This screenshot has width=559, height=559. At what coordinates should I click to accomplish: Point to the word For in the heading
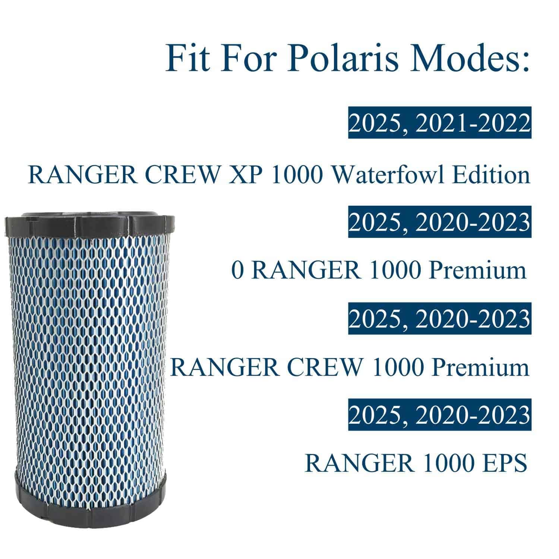[x=246, y=59]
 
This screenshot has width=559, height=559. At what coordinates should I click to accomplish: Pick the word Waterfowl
[x=388, y=174]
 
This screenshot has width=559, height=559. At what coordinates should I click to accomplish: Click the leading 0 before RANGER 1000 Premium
[x=238, y=270]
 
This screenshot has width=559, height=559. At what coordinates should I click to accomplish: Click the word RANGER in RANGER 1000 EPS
[x=359, y=463]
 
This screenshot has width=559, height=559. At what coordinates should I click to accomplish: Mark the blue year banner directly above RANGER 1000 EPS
[x=440, y=415]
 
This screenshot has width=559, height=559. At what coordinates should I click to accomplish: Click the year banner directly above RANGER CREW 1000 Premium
[x=440, y=319]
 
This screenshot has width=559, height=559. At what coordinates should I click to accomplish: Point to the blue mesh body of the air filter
[x=89, y=354]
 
